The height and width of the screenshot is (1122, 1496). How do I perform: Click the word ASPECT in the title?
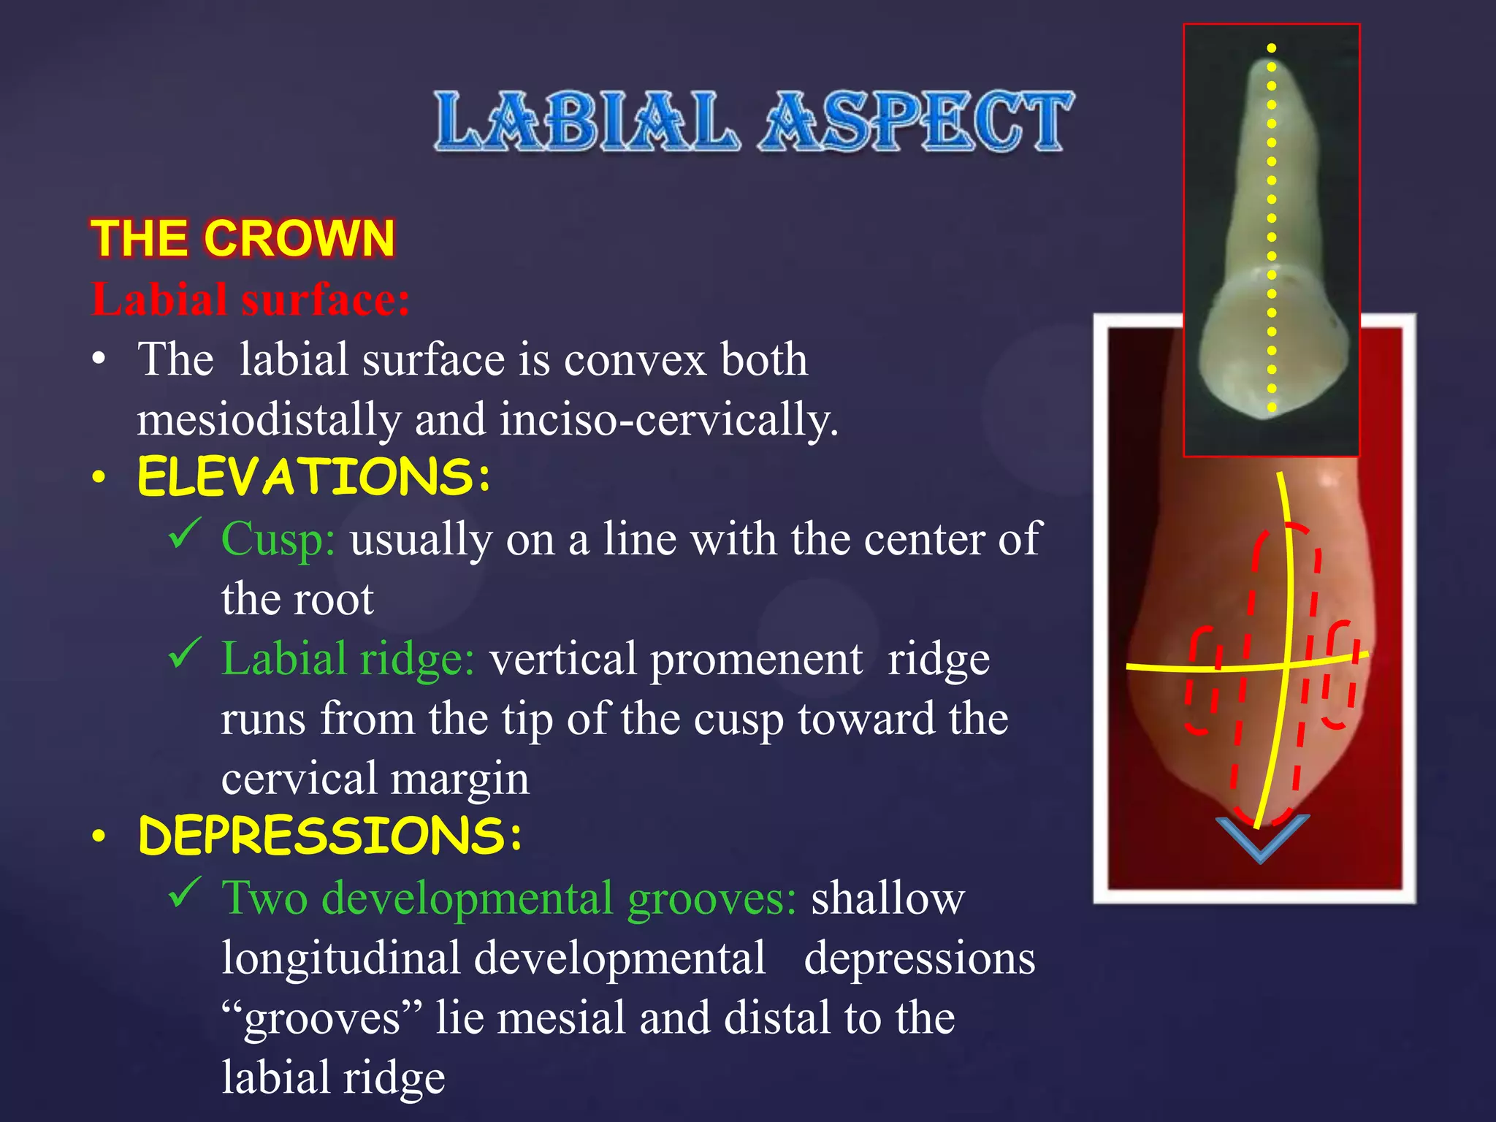(917, 122)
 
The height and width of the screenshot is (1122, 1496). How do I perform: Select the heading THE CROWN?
(243, 239)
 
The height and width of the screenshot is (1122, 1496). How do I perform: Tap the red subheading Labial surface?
(251, 299)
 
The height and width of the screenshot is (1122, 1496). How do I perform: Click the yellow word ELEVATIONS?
(314, 477)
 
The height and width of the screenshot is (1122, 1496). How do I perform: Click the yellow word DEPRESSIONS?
(330, 836)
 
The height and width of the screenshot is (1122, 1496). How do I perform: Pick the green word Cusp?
(278, 539)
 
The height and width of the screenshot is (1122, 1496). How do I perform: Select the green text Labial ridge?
(348, 659)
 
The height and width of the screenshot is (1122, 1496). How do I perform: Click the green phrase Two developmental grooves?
(508, 898)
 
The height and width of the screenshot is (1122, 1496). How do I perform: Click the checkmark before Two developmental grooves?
(184, 892)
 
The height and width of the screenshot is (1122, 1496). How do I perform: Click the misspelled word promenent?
(755, 659)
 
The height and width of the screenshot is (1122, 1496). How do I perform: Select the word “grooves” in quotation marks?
(321, 1018)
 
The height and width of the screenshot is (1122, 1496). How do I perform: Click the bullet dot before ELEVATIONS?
(99, 478)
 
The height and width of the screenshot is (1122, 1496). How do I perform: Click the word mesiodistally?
(269, 419)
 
